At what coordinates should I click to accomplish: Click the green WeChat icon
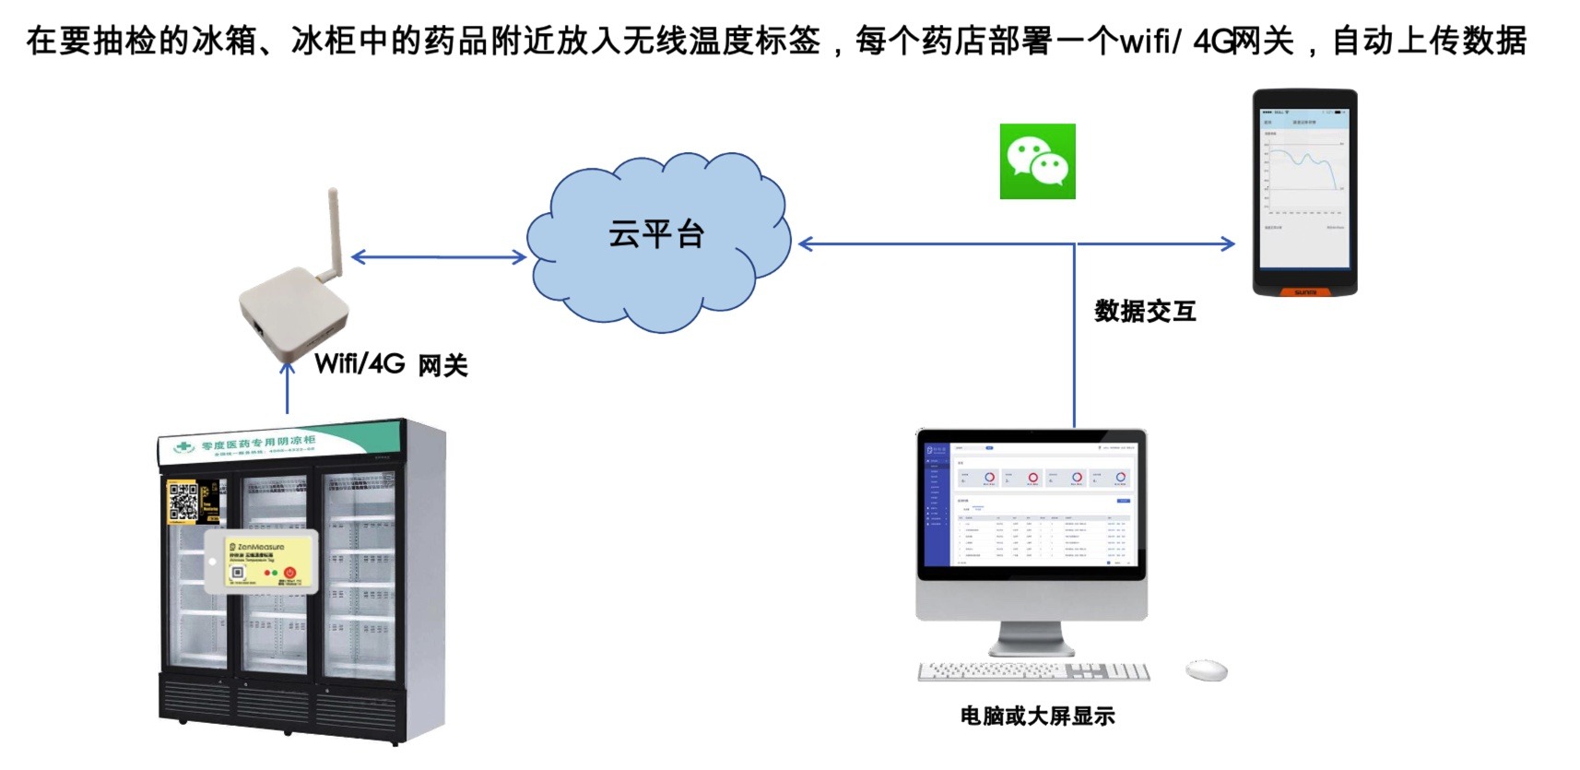pyautogui.click(x=1037, y=161)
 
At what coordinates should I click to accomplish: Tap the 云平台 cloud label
pyautogui.click(x=656, y=234)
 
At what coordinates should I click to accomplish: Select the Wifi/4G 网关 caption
pyautogui.click(x=391, y=364)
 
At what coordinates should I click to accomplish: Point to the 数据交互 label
pyautogui.click(x=1145, y=312)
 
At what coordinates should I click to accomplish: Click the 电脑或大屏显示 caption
pyautogui.click(x=1037, y=716)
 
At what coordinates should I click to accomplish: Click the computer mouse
pyautogui.click(x=1206, y=670)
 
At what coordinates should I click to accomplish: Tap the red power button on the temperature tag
pyautogui.click(x=289, y=573)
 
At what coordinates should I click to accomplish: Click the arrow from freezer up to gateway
pyautogui.click(x=288, y=387)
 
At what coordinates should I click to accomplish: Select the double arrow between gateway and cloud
pyautogui.click(x=439, y=257)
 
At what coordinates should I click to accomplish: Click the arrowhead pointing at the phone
pyautogui.click(x=1228, y=244)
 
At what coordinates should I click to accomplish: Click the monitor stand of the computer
pyautogui.click(x=1031, y=637)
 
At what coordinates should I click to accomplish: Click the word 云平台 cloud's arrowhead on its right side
pyautogui.click(x=806, y=244)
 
